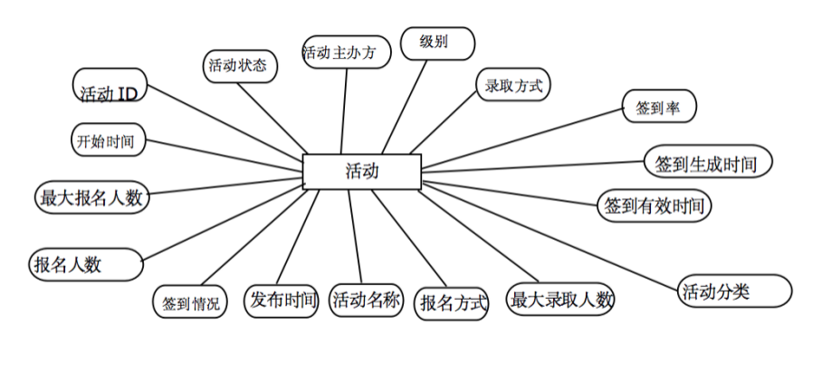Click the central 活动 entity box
[x=361, y=171]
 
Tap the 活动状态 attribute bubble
[x=237, y=65]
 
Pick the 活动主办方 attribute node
[x=346, y=52]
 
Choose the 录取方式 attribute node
[x=513, y=86]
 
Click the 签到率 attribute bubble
[x=659, y=107]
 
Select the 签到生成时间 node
[x=707, y=163]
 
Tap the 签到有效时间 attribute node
[x=654, y=205]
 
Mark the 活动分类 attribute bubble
[x=734, y=291]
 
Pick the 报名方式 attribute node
[x=452, y=302]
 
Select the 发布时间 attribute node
[x=282, y=300]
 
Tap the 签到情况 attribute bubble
[x=190, y=303]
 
